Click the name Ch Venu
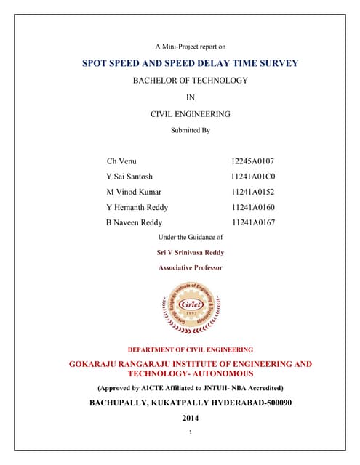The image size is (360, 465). coord(121,161)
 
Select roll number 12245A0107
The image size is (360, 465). coord(252,161)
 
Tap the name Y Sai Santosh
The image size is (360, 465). coord(130,177)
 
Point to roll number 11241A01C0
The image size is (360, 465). coord(252,177)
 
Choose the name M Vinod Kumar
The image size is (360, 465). coord(135,192)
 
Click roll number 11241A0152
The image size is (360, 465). coord(252,192)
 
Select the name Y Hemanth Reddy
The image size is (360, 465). coord(137,207)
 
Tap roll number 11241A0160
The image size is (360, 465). coord(252,207)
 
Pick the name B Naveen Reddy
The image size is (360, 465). coord(135,222)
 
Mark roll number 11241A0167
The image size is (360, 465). coord(252,222)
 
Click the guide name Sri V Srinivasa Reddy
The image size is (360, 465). coord(191,252)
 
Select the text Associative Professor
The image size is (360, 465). coord(191,267)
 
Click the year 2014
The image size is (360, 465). coord(191,418)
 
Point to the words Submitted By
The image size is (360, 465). coord(191,130)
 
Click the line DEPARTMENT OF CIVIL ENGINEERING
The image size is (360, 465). coord(191,349)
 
